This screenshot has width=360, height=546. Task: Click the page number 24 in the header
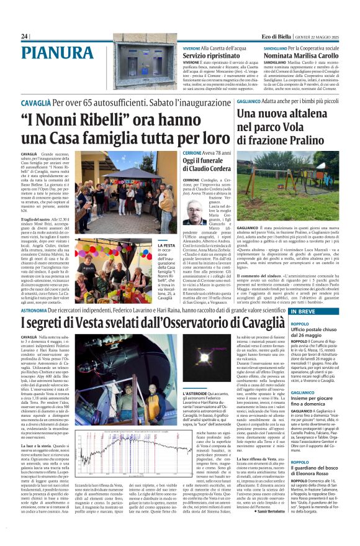[x=24, y=36]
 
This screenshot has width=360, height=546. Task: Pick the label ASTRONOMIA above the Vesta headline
[x=34, y=309]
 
